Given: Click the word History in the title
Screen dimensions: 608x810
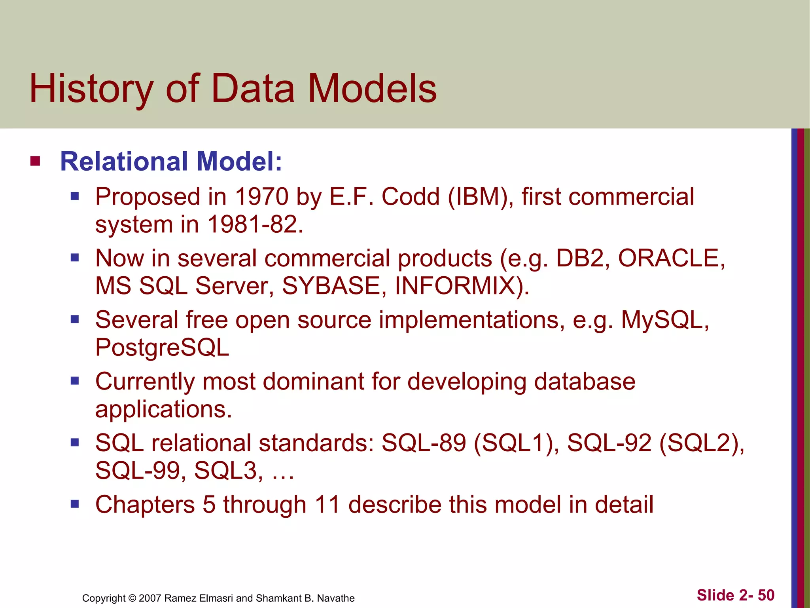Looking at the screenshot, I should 91,89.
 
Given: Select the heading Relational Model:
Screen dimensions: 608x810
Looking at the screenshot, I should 171,162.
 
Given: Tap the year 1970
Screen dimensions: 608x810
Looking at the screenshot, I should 261,197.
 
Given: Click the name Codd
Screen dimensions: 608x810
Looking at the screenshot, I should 410,197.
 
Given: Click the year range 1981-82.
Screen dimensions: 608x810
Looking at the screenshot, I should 255,224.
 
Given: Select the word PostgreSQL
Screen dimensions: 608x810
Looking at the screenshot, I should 162,348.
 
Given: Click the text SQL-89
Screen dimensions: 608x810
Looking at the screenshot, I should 423,443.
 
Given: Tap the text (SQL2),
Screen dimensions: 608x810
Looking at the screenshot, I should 702,443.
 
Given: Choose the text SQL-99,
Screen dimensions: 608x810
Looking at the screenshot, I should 140,471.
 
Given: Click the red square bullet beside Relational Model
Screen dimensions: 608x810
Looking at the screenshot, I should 35,161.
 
